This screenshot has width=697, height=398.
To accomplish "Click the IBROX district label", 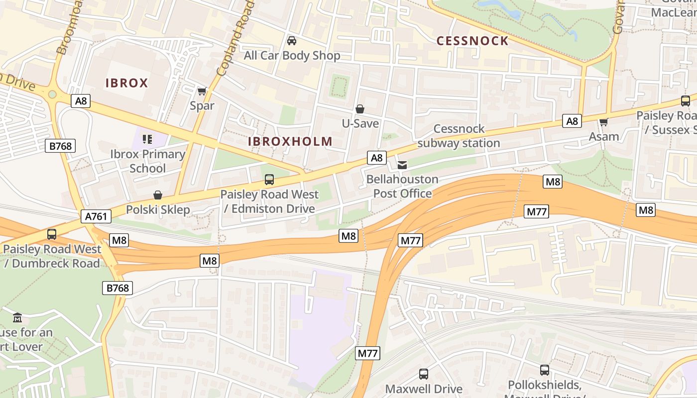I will click(x=126, y=83).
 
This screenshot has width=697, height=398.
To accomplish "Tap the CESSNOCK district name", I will click(x=472, y=41).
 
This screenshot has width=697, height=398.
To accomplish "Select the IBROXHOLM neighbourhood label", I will click(x=290, y=141).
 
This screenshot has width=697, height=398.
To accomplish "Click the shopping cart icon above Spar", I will click(x=202, y=91).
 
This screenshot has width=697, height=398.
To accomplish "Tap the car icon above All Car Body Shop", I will click(x=292, y=40).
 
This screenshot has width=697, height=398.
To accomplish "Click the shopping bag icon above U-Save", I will click(x=360, y=108).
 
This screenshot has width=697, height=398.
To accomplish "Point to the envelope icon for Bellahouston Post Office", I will click(x=402, y=165).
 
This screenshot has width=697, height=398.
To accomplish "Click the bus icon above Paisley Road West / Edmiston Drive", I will click(x=269, y=179).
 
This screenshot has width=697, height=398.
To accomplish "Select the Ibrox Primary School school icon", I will click(x=147, y=139).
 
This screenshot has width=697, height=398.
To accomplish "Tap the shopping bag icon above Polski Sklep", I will click(x=158, y=195).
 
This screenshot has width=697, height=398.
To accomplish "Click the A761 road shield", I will click(x=96, y=216).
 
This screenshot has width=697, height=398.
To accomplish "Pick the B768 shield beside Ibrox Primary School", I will click(x=61, y=146).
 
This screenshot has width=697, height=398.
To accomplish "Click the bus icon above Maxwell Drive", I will click(x=424, y=374).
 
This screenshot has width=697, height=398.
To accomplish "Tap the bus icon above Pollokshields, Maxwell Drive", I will click(x=545, y=370).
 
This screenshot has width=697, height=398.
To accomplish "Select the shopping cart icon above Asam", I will click(x=604, y=121).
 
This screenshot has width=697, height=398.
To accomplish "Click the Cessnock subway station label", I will click(x=459, y=136).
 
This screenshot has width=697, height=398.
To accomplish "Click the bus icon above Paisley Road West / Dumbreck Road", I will click(x=51, y=234).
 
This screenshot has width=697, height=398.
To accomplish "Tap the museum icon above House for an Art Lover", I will click(x=17, y=317).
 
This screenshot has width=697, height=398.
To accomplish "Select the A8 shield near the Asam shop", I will click(x=572, y=121).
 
